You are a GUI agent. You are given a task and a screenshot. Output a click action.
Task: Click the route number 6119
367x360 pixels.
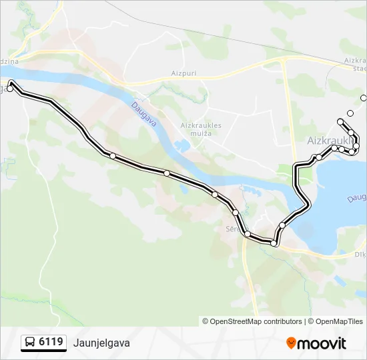click(x=51, y=342)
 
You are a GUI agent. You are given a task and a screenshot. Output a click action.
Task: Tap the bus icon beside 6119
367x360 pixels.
click(x=30, y=343)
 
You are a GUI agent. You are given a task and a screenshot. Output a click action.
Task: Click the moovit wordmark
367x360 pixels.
click(x=322, y=343)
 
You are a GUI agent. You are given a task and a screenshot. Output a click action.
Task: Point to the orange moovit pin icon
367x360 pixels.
click(x=291, y=343)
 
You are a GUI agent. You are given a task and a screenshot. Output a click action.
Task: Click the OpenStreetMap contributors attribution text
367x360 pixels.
click(x=256, y=321)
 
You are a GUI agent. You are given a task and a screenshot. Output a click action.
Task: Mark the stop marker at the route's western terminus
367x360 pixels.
click(x=10, y=87)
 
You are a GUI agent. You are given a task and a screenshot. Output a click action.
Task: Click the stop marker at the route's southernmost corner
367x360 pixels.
click(x=274, y=243)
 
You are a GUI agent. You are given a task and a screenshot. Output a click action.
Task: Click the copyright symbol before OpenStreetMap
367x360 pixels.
click(x=206, y=321)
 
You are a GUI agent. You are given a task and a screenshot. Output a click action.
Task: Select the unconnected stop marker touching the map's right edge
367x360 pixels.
click(x=364, y=98)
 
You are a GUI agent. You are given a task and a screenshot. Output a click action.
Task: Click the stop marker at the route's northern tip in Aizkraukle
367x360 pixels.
click(x=340, y=121)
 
